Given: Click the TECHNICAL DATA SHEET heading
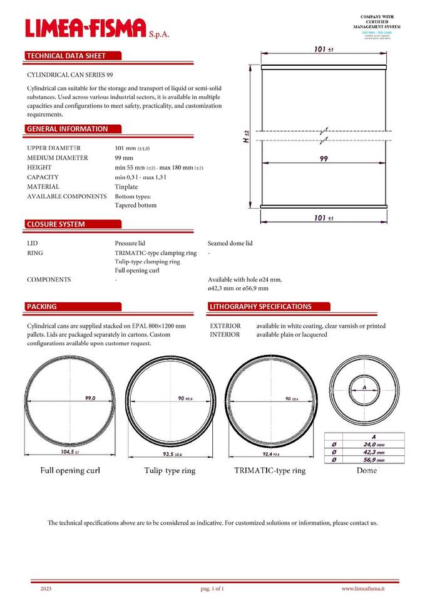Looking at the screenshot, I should tap(66, 56).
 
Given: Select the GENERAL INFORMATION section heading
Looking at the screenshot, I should tap(67, 129).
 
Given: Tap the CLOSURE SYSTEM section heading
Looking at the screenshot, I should tap(56, 224).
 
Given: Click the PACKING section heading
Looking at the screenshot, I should tap(41, 307).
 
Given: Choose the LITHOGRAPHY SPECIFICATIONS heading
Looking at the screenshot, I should tap(260, 307).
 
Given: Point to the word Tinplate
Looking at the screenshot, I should tap(126, 187).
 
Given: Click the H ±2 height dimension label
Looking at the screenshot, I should tap(247, 136).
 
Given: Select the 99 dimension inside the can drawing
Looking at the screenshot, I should tap(324, 159).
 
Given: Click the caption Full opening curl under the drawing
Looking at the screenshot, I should tap(71, 470).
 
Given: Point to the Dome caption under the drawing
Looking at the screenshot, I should tap(366, 470).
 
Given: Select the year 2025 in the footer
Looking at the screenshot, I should tap(46, 589).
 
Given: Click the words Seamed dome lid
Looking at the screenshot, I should tap(230, 243).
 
